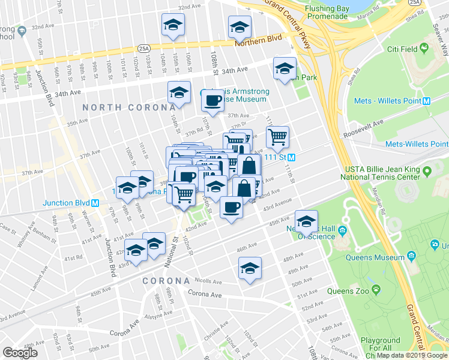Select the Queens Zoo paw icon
click(376, 290)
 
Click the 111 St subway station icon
click(291, 157)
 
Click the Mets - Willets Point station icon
click(426, 101)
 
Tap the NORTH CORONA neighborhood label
click(120, 107)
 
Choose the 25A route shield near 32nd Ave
click(143, 48)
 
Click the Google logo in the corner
click(20, 353)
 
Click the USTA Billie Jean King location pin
click(427, 172)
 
